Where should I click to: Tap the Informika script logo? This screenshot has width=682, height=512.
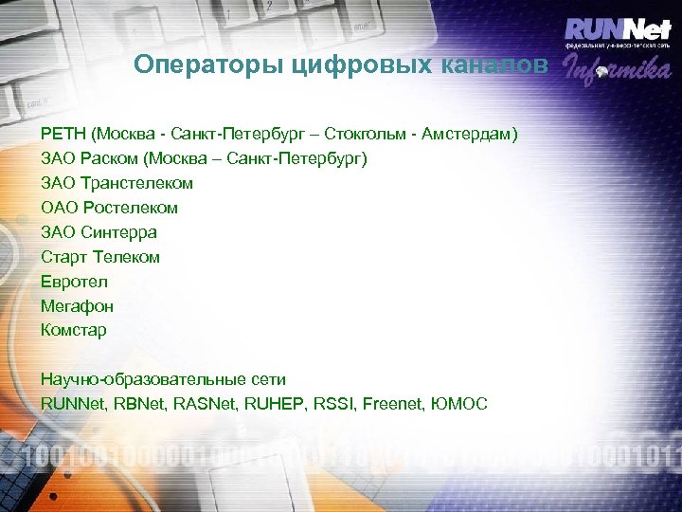617,69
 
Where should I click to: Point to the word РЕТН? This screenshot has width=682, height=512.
62,134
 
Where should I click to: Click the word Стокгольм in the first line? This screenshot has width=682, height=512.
388,134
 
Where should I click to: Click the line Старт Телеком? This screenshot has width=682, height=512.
100,257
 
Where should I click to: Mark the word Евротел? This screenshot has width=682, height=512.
74,282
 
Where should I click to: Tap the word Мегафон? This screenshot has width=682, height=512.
77,306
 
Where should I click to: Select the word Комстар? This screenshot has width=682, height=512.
74,331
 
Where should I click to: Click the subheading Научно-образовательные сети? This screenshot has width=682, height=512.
163,379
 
